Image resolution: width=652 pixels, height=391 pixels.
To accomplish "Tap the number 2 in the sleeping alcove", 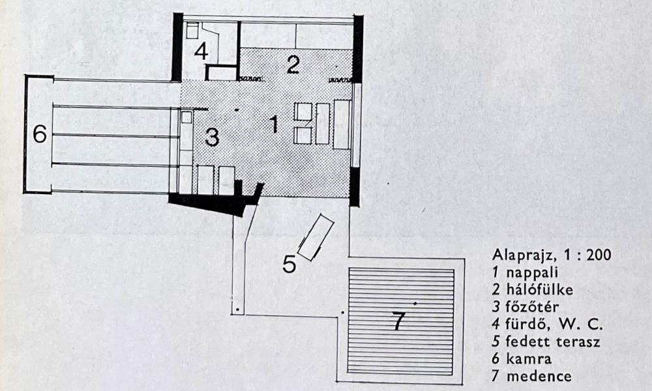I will pyautogui.click(x=293, y=65).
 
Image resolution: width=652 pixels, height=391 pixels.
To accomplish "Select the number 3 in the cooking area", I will pyautogui.click(x=211, y=137).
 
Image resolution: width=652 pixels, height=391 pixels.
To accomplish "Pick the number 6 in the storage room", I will pyautogui.click(x=40, y=134).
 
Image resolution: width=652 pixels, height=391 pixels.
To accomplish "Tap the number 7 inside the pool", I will pyautogui.click(x=398, y=321).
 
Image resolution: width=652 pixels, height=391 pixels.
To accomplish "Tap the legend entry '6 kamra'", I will pyautogui.click(x=521, y=358).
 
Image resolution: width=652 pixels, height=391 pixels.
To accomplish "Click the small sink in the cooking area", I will pyautogui.click(x=186, y=118).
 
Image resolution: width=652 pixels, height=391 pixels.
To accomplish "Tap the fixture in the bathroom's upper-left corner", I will pyautogui.click(x=193, y=30).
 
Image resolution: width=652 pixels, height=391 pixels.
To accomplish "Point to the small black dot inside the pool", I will pyautogui.click(x=415, y=304).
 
